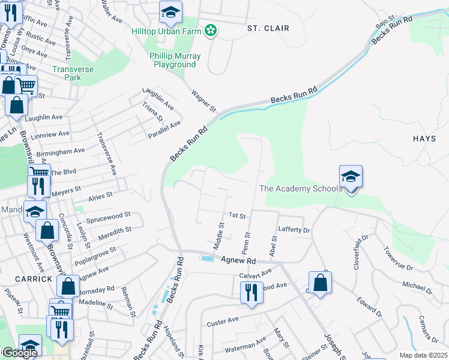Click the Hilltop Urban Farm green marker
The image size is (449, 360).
coord(210,30)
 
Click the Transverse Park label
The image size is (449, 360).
coord(74,73)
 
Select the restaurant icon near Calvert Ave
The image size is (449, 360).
coord(251,292)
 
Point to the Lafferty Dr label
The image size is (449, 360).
coord(294,230)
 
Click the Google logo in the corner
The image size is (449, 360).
coord(20,353)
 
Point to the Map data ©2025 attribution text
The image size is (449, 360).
coord(423,355)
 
